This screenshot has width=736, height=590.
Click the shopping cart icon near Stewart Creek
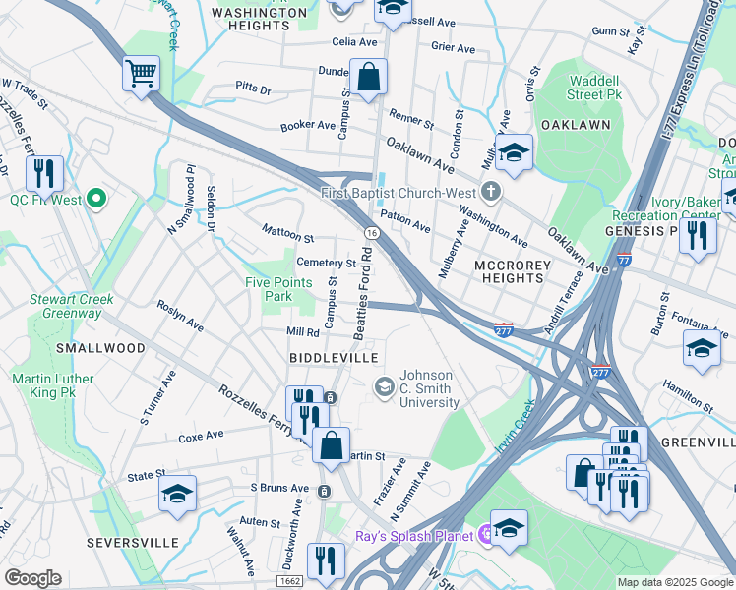142,74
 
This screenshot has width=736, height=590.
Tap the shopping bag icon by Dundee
368,78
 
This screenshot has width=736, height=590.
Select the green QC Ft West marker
95,200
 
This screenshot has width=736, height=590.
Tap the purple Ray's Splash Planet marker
484,536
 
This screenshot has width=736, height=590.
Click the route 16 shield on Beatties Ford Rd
370,232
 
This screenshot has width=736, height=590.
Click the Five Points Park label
278,289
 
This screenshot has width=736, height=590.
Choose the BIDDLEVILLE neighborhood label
334,354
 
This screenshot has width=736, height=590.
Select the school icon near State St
178,494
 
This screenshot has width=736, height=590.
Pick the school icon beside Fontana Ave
702,349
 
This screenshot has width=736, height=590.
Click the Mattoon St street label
287,234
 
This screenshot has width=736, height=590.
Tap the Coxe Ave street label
202,437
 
